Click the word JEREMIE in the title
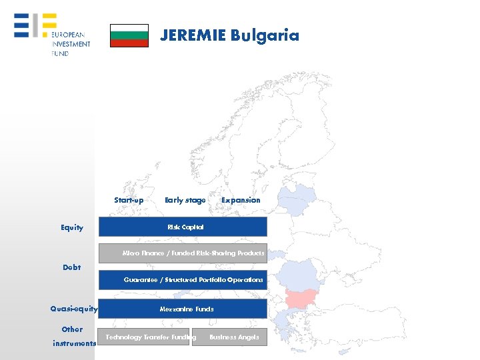(193, 35)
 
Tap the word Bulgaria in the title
(265, 35)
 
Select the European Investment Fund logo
(52, 35)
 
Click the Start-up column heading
(129, 200)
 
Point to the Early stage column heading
(185, 200)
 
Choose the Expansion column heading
(241, 200)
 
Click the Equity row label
(72, 227)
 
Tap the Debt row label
(71, 267)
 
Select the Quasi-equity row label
(73, 309)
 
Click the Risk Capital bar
(183, 227)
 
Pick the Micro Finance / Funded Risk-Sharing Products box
(183, 253)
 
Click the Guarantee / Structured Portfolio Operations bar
(183, 280)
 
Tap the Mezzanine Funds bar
(183, 309)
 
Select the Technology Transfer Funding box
(144, 337)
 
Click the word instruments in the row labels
(74, 343)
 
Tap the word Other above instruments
(72, 329)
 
